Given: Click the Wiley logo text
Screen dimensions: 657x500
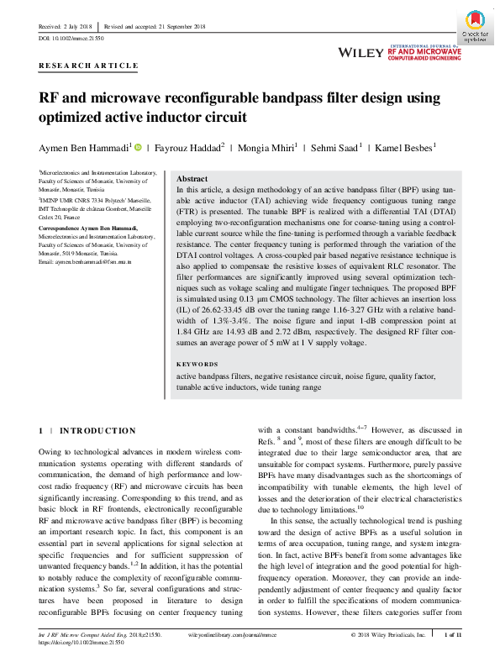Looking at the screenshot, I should (361, 52).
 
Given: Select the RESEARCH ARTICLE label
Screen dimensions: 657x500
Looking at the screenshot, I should (88, 66).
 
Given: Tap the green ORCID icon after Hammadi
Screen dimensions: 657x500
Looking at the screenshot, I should (139, 147).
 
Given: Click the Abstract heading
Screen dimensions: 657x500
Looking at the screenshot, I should (192, 180).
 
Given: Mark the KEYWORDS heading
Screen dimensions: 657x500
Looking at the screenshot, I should (198, 365).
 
